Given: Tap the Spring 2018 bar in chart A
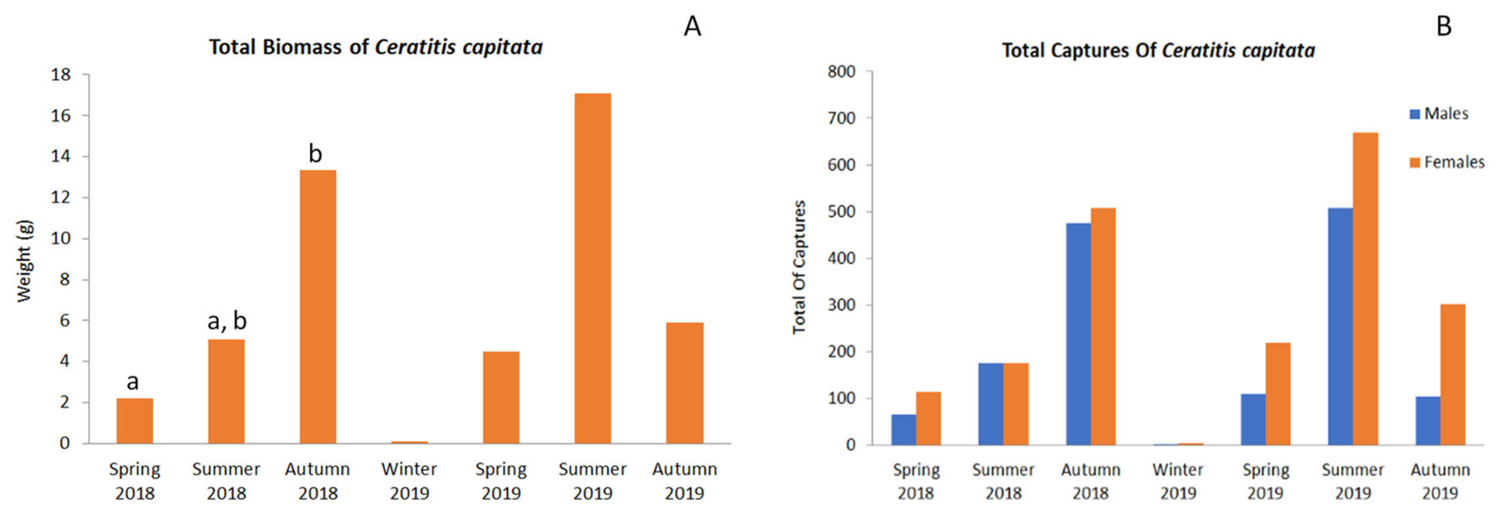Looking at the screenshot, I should point(135,421).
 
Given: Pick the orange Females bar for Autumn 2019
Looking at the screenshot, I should point(1452,375).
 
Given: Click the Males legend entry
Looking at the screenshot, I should point(1439,114).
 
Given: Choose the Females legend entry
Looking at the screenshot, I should point(1446,162).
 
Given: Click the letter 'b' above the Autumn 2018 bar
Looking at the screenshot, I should point(315,154).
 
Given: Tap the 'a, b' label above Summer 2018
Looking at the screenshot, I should point(227,321).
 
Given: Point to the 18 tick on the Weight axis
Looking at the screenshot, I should point(60,75).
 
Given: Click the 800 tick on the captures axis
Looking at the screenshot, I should point(841,72).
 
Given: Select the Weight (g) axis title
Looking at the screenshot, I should point(24,261).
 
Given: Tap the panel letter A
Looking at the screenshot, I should point(692,27).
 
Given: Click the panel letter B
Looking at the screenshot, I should point(1444,27).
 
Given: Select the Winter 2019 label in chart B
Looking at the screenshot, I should point(1177,481).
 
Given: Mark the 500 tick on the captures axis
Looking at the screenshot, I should point(841,211).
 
